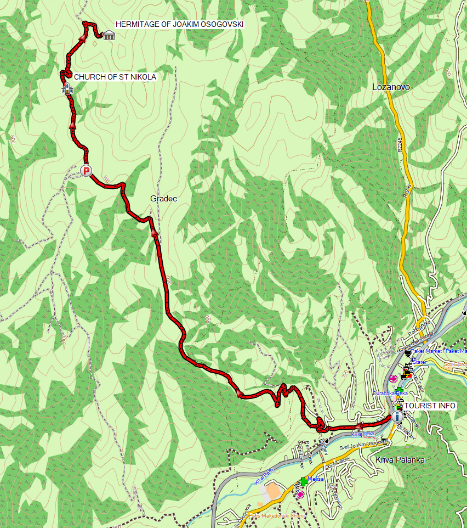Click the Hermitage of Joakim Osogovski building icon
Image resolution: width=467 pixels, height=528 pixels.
click(108, 35)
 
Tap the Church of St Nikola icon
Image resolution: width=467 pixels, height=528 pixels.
click(67, 88)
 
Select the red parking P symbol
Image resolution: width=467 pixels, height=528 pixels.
click(86, 171)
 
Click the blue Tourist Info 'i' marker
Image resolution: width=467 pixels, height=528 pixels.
click(397, 416)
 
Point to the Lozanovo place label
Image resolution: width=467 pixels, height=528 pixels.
click(391, 87)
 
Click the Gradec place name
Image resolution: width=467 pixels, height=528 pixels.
click(163, 198)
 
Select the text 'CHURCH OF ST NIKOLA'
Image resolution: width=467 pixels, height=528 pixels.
click(115, 77)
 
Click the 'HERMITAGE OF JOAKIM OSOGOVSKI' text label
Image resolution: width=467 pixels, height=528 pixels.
click(179, 24)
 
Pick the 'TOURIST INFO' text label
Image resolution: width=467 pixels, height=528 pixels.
click(430, 406)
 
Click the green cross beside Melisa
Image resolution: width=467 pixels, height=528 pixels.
click(303, 481)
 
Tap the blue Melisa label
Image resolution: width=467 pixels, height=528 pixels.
click(315, 479)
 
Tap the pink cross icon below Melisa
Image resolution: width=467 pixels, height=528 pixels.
click(300, 494)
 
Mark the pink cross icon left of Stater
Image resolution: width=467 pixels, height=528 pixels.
click(392, 378)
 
